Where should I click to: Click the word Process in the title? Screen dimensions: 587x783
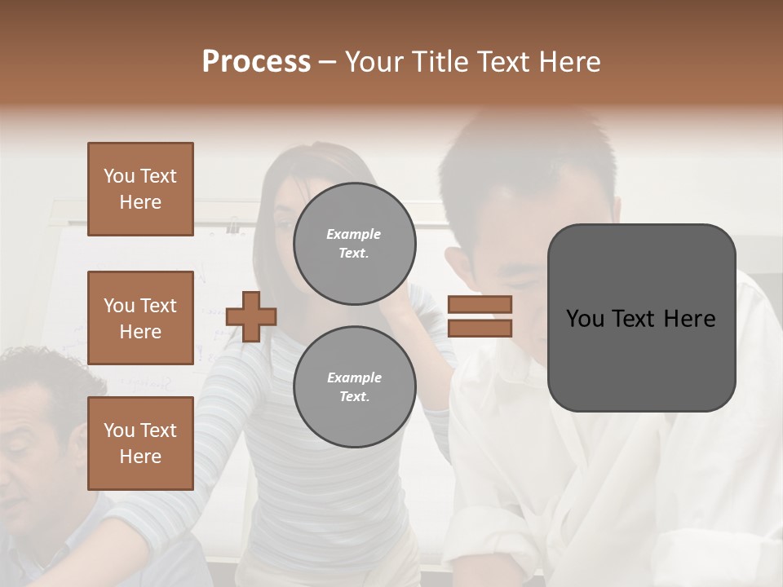click(256, 62)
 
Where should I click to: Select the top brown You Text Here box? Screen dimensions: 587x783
click(140, 189)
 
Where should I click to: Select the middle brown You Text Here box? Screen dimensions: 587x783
click(140, 318)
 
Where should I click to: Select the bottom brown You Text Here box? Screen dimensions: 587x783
click(140, 444)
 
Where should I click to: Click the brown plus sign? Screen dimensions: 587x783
click(251, 316)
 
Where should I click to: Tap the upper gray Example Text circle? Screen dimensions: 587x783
click(354, 244)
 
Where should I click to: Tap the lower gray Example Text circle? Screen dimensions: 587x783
click(354, 387)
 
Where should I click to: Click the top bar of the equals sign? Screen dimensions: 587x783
click(480, 304)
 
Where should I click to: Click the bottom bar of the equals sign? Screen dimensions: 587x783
click(480, 328)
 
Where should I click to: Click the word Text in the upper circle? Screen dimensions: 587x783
click(354, 253)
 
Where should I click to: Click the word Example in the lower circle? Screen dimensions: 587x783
click(354, 377)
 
